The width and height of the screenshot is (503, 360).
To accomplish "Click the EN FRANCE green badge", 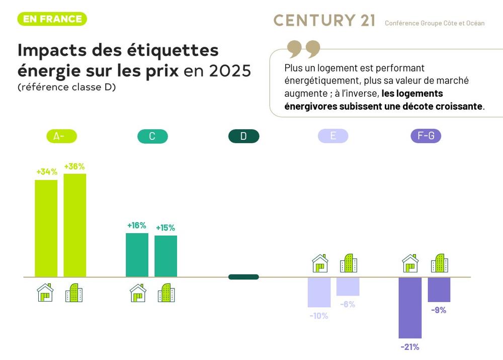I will (x=52, y=19).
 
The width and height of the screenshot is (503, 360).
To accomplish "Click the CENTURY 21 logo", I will (x=324, y=21).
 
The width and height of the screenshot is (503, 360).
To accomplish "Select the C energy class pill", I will (x=152, y=136).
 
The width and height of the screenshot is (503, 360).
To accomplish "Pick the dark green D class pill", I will (x=243, y=136).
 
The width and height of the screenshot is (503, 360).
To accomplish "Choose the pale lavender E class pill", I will (x=333, y=136).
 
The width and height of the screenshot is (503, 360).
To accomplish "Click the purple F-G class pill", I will (x=426, y=136).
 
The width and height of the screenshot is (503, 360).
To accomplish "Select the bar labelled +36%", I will (x=74, y=225).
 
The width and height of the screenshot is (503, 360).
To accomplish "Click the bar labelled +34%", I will (x=46, y=228).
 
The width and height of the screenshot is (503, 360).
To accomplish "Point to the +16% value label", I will (x=136, y=225).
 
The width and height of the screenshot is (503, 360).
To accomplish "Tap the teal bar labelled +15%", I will (x=165, y=256).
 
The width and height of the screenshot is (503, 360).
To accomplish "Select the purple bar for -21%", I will (x=410, y=307).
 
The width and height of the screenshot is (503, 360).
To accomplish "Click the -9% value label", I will (x=439, y=310).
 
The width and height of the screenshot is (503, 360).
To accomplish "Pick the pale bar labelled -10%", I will (x=319, y=292).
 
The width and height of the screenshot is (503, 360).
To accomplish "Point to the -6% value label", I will (x=348, y=304).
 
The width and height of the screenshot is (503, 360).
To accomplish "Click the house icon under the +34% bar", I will (x=45, y=293).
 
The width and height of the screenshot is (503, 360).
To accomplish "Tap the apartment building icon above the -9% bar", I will (x=439, y=263).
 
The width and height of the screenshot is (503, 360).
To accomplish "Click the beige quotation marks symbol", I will (x=303, y=49).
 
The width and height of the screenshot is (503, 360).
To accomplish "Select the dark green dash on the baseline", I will (x=243, y=277).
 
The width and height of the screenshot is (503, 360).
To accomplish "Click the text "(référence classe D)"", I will (x=67, y=87).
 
